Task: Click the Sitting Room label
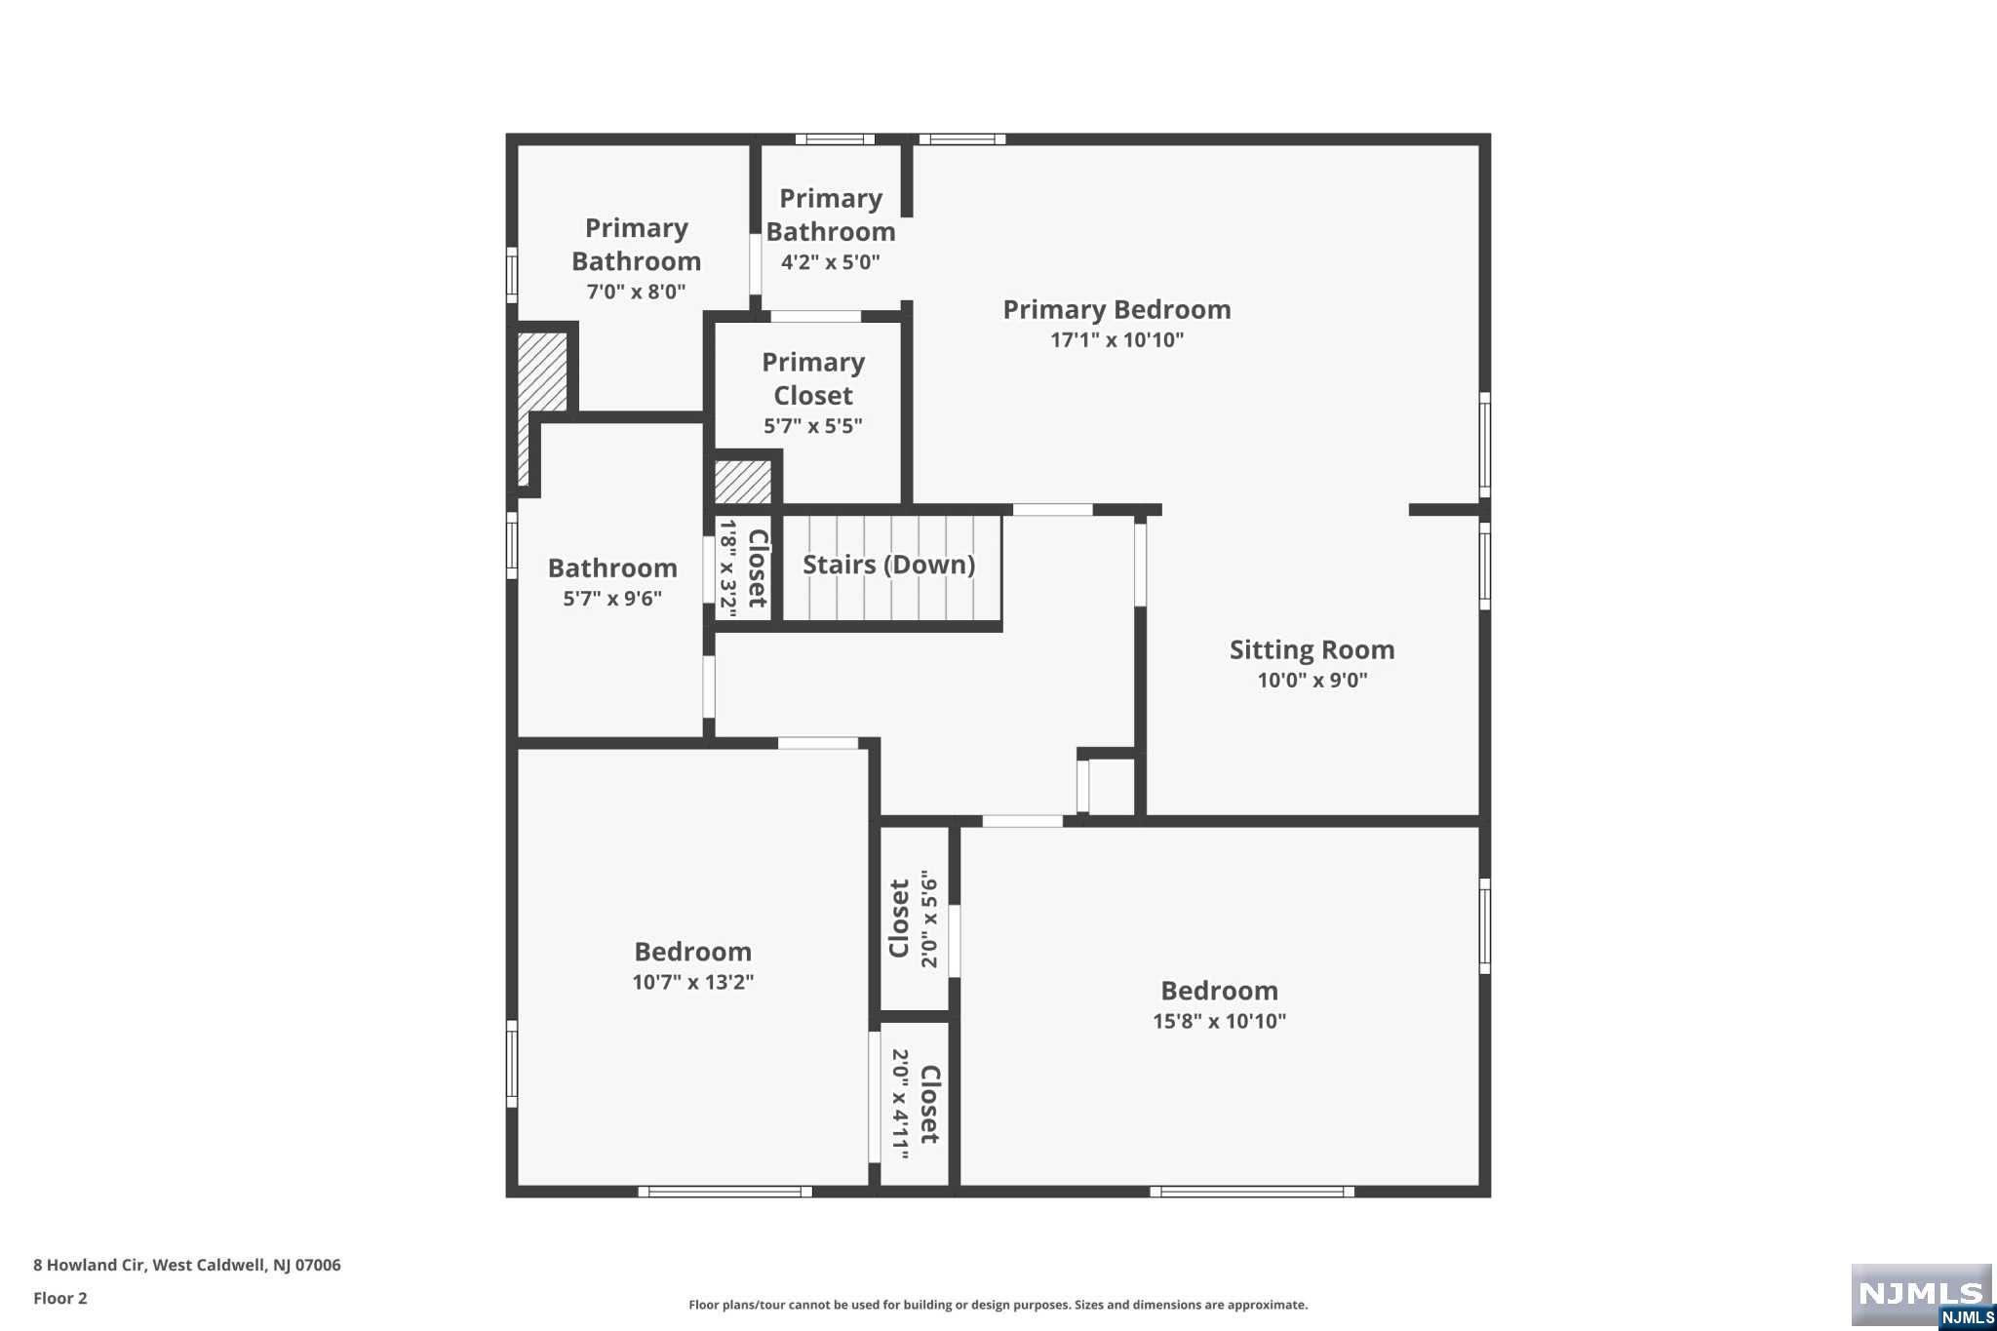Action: tap(1312, 649)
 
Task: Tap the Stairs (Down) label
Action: tap(888, 565)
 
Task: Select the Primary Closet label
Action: tap(813, 378)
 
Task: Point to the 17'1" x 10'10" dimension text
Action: tap(1116, 339)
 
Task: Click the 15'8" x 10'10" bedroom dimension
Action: tap(1219, 1021)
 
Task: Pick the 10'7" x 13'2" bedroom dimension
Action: tap(692, 982)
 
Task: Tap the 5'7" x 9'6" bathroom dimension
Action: tap(612, 599)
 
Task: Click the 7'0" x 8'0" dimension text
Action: tap(636, 292)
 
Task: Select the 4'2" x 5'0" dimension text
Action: tap(830, 262)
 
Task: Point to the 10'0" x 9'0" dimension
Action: tap(1312, 681)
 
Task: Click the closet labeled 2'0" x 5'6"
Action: tap(914, 919)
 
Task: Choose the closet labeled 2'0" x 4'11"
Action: tap(915, 1104)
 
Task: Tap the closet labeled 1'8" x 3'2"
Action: tap(743, 567)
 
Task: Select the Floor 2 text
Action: tap(60, 1298)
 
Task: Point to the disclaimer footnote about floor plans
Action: tap(998, 1305)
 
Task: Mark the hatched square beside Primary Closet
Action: tap(743, 482)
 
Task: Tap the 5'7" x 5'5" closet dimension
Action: tap(812, 426)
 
